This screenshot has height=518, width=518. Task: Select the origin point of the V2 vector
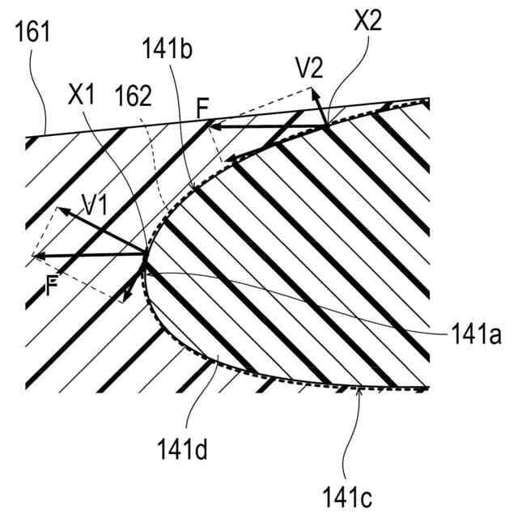tap(325, 125)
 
